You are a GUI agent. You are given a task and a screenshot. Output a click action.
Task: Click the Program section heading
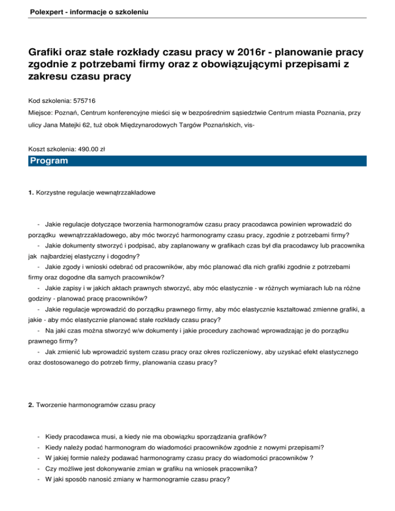click(49, 161)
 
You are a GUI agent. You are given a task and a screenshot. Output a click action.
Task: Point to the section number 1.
click(31, 192)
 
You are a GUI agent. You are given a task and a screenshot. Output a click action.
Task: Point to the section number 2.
click(31, 405)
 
